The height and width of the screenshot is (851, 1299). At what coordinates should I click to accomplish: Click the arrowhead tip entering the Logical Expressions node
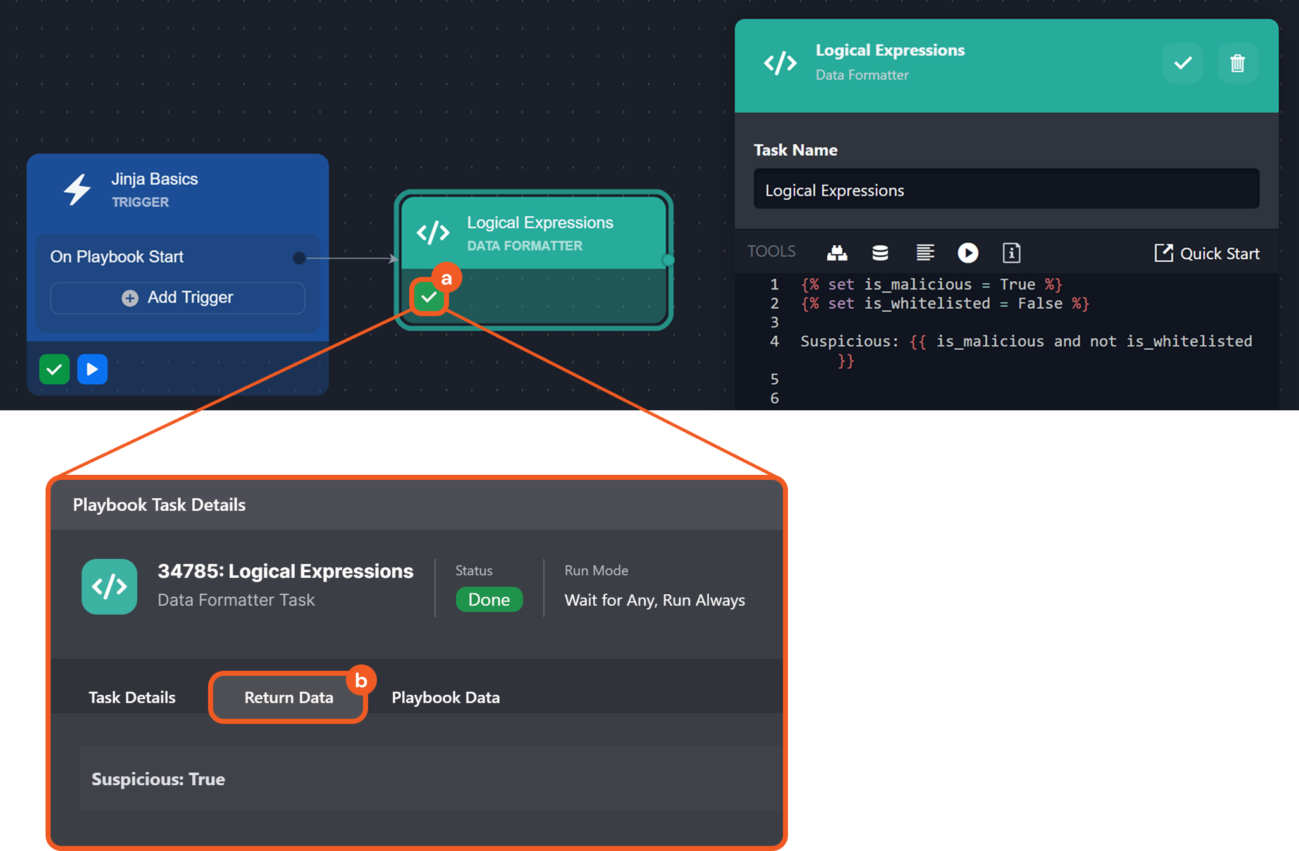pyautogui.click(x=398, y=259)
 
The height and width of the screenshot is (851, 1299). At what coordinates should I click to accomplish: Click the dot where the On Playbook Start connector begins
pyautogui.click(x=299, y=258)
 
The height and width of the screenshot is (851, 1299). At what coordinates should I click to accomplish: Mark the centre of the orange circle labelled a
pyautogui.click(x=446, y=278)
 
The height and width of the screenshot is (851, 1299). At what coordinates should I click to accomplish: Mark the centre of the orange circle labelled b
pyautogui.click(x=361, y=680)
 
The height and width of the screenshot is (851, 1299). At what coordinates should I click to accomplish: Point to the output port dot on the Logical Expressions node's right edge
pyautogui.click(x=668, y=260)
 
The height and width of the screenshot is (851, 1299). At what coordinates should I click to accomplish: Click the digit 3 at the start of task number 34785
pyautogui.click(x=163, y=571)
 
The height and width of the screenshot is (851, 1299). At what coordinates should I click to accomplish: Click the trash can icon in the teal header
pyautogui.click(x=1238, y=63)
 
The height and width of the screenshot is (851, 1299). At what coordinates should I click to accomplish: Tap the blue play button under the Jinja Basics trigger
pyautogui.click(x=92, y=369)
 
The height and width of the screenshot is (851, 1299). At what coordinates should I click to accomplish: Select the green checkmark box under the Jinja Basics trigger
pyautogui.click(x=54, y=369)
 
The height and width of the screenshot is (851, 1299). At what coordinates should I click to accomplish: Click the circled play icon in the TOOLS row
pyautogui.click(x=968, y=253)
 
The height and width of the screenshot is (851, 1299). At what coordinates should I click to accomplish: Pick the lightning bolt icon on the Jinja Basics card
pyautogui.click(x=77, y=189)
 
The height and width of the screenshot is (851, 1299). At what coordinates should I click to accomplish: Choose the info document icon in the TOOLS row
pyautogui.click(x=1011, y=253)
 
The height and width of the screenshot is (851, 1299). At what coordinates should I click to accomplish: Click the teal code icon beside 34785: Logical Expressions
pyautogui.click(x=109, y=587)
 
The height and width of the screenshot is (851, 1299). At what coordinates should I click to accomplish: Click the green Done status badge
pyautogui.click(x=489, y=599)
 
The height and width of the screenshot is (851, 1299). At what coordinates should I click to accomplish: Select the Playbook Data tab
pyautogui.click(x=446, y=697)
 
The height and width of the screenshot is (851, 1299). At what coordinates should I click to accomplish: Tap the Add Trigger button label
pyautogui.click(x=190, y=297)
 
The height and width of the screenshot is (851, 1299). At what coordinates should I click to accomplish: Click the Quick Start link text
pyautogui.click(x=1220, y=254)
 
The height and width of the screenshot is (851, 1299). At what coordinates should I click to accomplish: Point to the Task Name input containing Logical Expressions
pyautogui.click(x=1006, y=189)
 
